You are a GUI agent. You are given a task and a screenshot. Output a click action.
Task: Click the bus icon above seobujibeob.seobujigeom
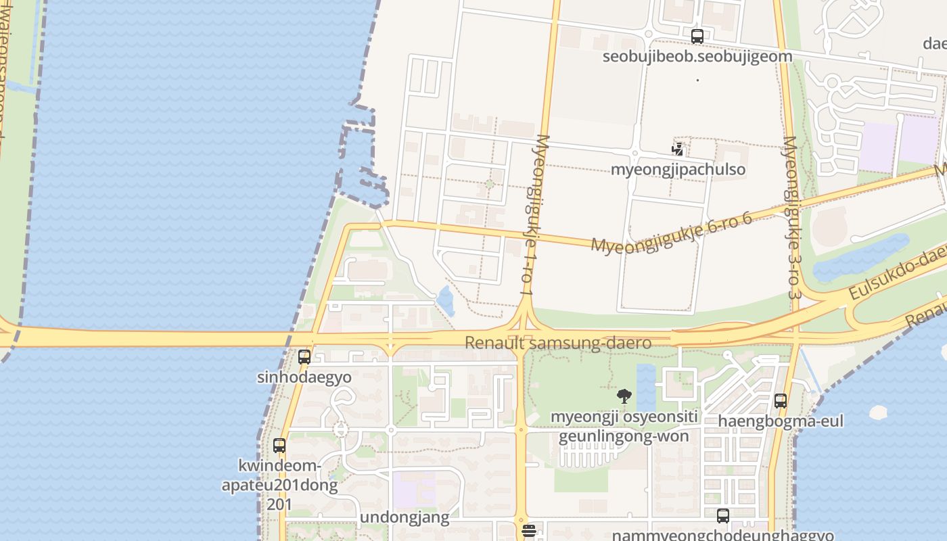[x=697, y=37]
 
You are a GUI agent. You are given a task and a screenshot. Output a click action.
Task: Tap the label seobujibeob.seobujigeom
[x=697, y=56]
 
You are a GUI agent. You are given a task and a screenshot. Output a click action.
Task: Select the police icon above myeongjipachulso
[x=678, y=149]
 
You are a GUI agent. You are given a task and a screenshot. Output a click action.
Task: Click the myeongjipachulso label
[x=678, y=169]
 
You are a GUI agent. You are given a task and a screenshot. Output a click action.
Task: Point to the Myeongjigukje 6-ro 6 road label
[x=671, y=232]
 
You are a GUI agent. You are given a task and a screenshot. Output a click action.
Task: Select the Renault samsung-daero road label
[x=558, y=343]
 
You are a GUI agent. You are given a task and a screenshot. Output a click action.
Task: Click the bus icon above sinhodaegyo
[x=304, y=356]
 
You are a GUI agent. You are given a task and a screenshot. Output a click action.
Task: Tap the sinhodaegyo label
[x=304, y=377]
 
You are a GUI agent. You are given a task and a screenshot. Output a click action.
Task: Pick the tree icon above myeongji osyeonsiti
[x=624, y=396]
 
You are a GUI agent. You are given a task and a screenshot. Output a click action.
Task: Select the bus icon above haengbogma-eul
[x=781, y=401]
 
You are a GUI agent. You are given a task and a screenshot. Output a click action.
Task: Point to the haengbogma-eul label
[x=781, y=421]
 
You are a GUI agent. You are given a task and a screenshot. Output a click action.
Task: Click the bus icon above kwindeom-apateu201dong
[x=279, y=446]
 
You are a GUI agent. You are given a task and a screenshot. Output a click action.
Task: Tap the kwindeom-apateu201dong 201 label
[x=279, y=485]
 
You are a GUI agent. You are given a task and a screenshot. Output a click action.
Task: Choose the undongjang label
[x=405, y=518]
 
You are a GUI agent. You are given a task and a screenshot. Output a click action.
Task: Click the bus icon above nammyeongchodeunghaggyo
[x=723, y=516]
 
